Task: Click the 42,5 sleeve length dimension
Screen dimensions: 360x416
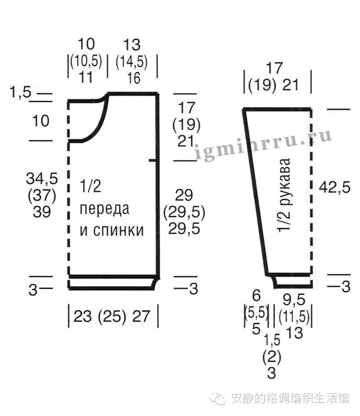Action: coord(334,187)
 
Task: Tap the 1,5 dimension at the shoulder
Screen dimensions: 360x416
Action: coord(21,93)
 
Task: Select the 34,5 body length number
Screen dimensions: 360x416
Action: coord(42,178)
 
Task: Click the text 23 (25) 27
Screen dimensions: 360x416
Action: coord(112,317)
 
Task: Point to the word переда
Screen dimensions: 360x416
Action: coord(105,209)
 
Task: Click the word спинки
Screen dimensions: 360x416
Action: coord(118,230)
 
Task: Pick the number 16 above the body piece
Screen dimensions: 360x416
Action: coord(133,78)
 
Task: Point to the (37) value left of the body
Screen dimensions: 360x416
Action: coord(42,195)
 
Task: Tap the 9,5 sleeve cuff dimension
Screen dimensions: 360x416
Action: coord(294,300)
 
